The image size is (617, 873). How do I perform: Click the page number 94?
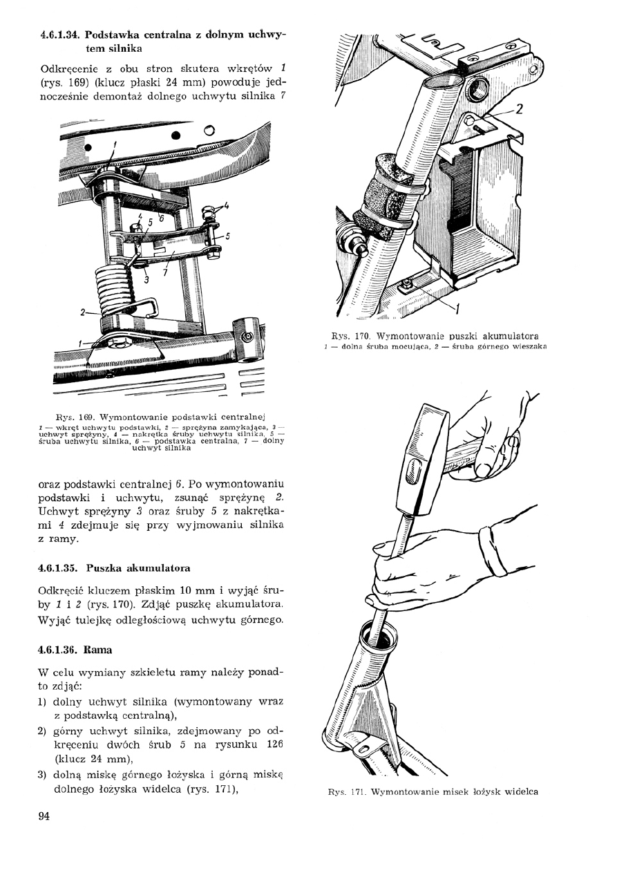44,816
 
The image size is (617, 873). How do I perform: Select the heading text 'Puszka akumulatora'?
139,567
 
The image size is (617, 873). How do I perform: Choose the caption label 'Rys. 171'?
347,791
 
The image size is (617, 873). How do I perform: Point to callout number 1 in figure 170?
457,307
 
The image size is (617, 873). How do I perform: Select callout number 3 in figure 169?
146,280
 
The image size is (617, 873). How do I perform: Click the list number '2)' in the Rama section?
41,730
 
